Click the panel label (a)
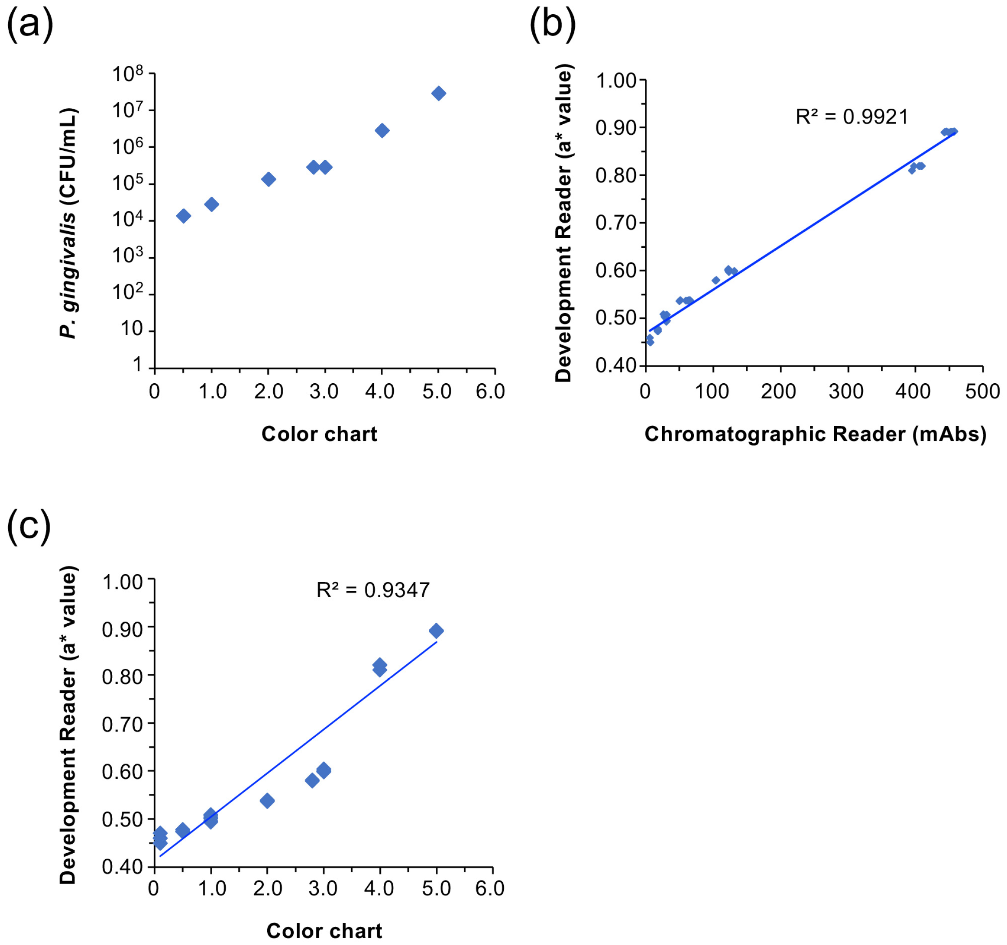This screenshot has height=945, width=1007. [x=30, y=24]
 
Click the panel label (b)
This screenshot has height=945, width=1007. [x=553, y=24]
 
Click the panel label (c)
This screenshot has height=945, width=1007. [x=29, y=527]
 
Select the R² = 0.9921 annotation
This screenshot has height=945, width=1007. [x=852, y=117]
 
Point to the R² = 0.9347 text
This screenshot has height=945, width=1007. [x=373, y=590]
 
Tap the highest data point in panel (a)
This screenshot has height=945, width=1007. [x=439, y=93]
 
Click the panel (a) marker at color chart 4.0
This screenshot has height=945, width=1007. [x=382, y=131]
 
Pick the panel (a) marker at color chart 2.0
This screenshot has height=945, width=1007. [x=269, y=179]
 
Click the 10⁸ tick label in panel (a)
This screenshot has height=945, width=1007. [x=127, y=74]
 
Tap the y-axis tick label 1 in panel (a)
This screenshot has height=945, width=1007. [x=137, y=365]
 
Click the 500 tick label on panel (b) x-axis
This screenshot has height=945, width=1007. [x=982, y=392]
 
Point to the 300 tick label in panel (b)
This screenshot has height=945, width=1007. [x=846, y=392]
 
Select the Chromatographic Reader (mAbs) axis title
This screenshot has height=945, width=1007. [x=816, y=434]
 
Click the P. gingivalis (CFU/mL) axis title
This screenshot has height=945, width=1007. [x=68, y=223]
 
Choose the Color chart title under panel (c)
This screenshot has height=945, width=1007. [x=324, y=931]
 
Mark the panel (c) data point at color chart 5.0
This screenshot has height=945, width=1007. [x=436, y=631]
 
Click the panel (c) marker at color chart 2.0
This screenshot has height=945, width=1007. [x=267, y=801]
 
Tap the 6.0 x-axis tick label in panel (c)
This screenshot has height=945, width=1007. [x=490, y=888]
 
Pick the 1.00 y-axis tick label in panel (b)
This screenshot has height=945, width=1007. [x=616, y=81]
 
